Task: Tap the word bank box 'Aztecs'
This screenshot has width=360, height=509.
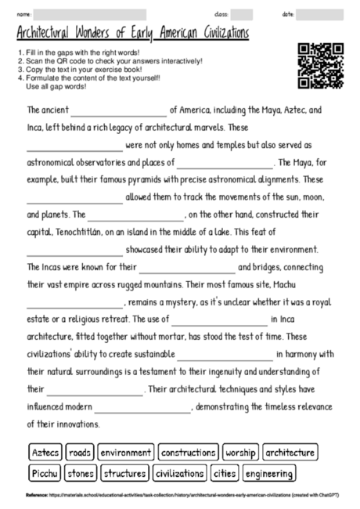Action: coord(45,453)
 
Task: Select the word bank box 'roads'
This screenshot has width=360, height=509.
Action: coord(80,453)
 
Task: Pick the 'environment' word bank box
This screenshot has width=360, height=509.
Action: coord(125,453)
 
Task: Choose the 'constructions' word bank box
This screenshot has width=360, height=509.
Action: coord(188,453)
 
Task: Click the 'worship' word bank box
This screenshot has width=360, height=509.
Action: coord(240,453)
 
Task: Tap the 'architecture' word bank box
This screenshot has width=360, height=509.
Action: coord(290,453)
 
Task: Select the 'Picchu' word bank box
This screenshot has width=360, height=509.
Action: coord(44,473)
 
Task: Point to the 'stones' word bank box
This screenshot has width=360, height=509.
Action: coord(81,473)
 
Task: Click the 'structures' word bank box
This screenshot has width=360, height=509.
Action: coord(124,473)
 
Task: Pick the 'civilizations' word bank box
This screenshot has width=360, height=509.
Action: coord(179,473)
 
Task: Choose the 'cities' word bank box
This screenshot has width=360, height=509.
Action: coord(224,473)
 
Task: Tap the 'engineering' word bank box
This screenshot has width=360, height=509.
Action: coord(268,473)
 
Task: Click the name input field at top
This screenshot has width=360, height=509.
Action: coord(90,14)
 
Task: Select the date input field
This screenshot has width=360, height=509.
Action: coord(320,14)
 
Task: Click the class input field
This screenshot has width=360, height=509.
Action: coord(241,14)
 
